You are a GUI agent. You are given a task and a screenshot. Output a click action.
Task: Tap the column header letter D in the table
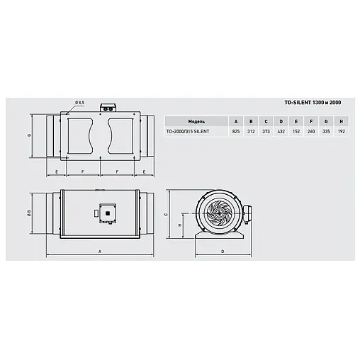tap(281, 120)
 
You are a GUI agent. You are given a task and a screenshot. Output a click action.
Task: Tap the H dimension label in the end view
tap(179, 225)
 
